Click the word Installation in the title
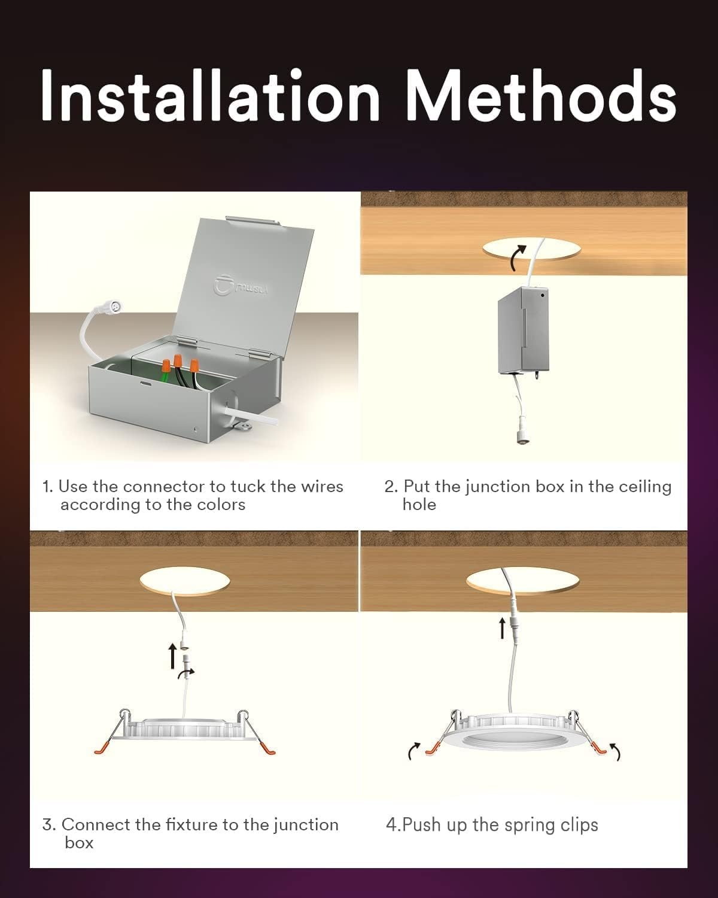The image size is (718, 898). point(210,95)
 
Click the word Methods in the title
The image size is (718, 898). point(541,95)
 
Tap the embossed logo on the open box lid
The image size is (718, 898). point(242,286)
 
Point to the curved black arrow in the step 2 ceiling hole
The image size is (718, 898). point(518,258)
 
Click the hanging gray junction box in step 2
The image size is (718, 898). point(523,330)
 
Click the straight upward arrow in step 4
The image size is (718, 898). point(503,629)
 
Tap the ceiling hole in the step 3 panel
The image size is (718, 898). point(184,581)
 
